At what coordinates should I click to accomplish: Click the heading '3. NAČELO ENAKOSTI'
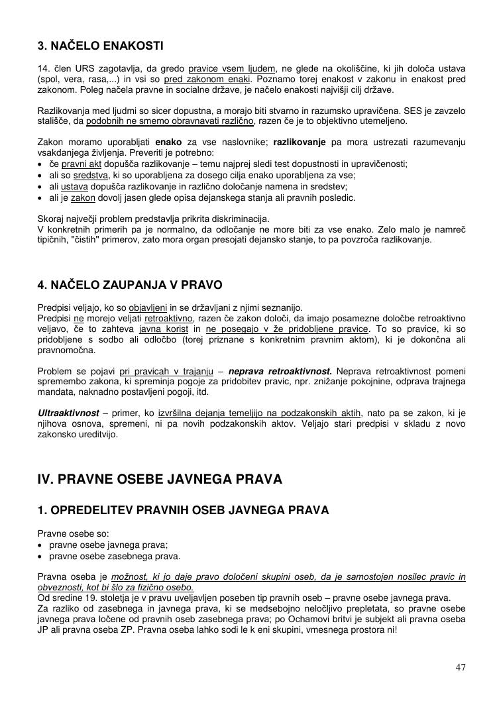(x=100, y=46)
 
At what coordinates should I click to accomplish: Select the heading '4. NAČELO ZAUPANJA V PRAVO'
(x=130, y=285)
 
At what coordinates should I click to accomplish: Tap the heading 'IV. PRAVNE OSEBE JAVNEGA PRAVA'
(x=160, y=478)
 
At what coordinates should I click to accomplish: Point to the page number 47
(x=461, y=667)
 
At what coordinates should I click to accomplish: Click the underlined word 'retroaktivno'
(x=168, y=319)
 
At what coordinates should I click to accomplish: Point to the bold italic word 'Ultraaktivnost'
(x=68, y=413)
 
